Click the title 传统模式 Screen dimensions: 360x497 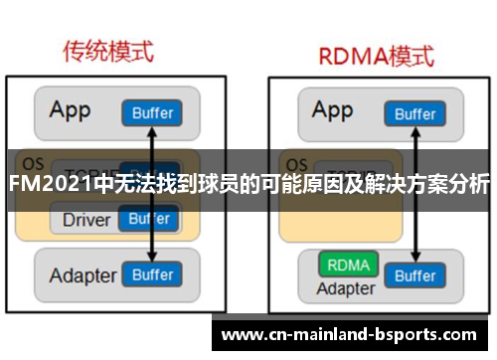111,49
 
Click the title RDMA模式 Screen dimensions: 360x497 375,55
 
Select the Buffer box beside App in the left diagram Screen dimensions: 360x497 152,113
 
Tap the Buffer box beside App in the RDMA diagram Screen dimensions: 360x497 415,113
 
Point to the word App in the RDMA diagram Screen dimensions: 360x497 333,109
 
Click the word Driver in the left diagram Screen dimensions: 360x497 85,219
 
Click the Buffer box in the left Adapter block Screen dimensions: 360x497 152,274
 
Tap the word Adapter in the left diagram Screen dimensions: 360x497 83,274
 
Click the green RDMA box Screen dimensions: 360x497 347,266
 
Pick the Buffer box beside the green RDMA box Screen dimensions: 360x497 415,274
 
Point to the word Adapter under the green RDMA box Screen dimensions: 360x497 346,289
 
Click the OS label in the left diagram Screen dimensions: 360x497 34,163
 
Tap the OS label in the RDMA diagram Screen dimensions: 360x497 295,163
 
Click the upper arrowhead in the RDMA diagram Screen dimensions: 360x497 415,132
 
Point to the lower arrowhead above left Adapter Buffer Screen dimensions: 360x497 152,256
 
